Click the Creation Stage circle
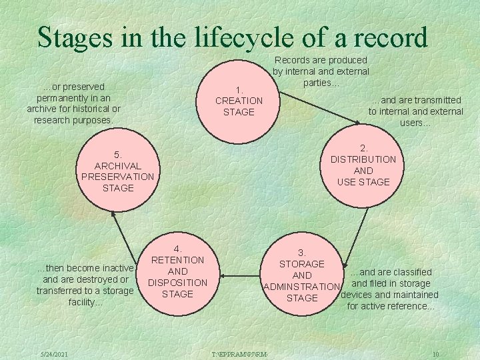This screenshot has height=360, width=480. click(x=239, y=101)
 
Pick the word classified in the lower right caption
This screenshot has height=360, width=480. click(x=409, y=272)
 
